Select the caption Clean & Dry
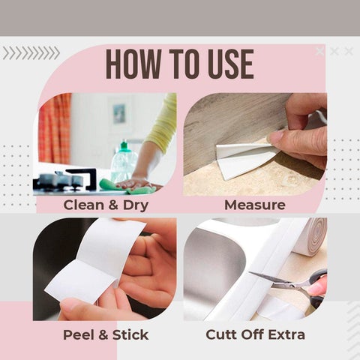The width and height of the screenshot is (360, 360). pos(105,205)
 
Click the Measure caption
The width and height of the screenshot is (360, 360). pos(255,205)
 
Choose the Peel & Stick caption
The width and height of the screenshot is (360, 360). pos(105,334)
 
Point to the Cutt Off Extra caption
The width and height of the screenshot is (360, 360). pos(255,334)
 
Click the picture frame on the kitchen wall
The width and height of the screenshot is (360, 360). pos(119,113)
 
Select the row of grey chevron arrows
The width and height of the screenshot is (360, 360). pos(31,52)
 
